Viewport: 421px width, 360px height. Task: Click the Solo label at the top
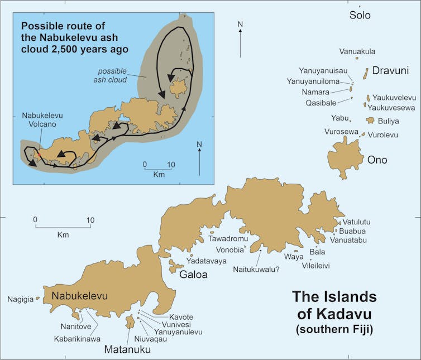(360, 15)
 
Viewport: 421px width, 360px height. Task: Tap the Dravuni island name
(390, 71)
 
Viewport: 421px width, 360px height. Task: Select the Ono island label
(377, 160)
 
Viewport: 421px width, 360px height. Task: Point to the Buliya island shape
(370, 121)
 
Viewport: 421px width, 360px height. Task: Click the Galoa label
(193, 275)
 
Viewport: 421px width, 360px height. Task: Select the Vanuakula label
(357, 51)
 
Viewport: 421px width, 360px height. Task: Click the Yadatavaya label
(207, 261)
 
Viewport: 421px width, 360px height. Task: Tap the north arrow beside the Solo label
(240, 39)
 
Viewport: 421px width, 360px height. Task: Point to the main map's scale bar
(63, 227)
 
